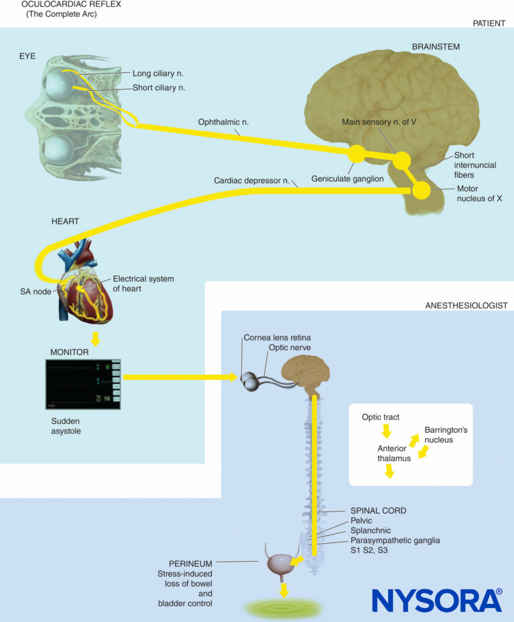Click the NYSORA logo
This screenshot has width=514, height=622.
pos(436,600)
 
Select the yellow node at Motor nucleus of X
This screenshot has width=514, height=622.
pos(422,191)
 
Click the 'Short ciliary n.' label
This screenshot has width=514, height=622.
pos(158,87)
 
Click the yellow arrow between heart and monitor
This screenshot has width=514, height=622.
pos(96,339)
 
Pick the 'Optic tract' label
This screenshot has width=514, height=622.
pos(381,417)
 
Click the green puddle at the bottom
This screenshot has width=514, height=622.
pos(285,608)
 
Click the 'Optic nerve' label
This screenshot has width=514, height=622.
pos(290,348)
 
